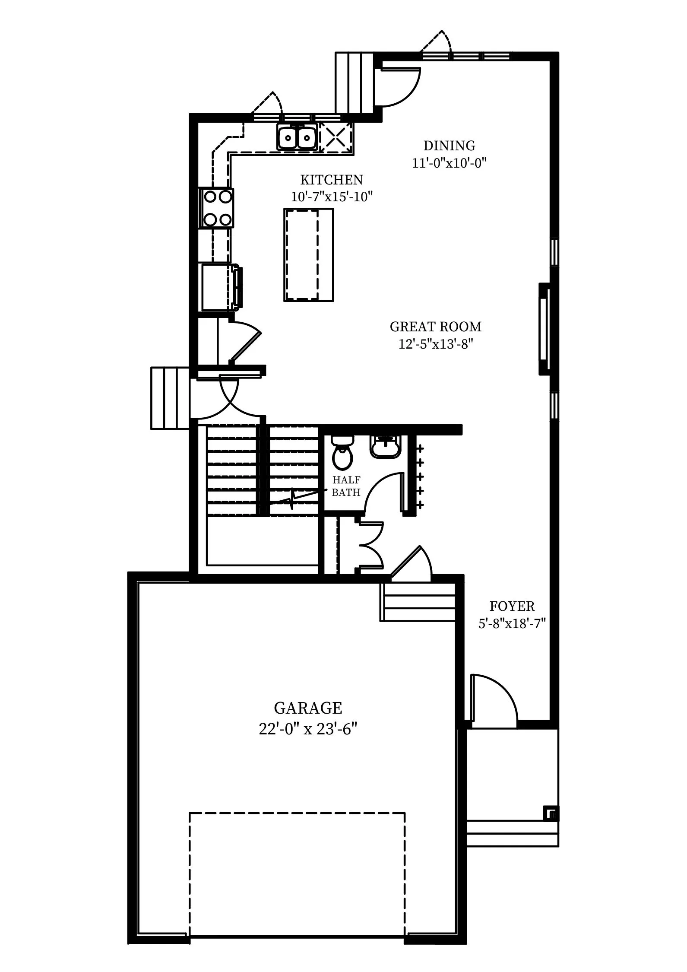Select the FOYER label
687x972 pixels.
click(x=512, y=606)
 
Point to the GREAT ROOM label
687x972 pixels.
click(x=435, y=327)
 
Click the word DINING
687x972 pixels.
click(x=449, y=145)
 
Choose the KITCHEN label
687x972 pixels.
click(x=332, y=179)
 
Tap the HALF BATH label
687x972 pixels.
click(x=346, y=486)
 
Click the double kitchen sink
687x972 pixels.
click(x=297, y=137)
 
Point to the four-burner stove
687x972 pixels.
click(x=217, y=208)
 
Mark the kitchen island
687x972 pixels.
click(x=309, y=254)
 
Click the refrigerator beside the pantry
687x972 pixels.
click(x=221, y=287)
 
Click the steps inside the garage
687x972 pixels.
click(x=418, y=602)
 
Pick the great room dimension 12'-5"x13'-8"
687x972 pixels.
click(x=436, y=344)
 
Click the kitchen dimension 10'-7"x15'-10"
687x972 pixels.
click(x=332, y=197)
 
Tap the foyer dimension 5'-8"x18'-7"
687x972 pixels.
click(x=512, y=623)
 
